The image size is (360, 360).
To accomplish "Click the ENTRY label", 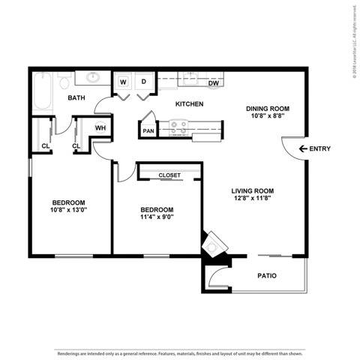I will (320, 149).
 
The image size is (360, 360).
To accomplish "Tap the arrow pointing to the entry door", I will (301, 149).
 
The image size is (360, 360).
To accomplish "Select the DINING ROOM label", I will (268, 109).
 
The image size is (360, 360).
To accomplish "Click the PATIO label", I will (266, 276).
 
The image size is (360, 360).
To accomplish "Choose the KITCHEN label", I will (189, 104).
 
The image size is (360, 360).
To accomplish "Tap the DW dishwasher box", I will (214, 83).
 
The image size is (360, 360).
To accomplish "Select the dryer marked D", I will (143, 82).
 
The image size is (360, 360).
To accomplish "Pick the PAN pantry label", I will (148, 131).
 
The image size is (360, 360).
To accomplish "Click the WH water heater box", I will (100, 128).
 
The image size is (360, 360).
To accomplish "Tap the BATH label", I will (76, 98).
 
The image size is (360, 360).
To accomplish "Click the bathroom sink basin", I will (93, 77).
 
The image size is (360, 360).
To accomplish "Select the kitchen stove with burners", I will (180, 129).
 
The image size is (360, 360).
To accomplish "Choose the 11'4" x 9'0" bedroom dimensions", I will (157, 219).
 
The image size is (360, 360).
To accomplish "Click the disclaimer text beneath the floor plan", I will (179, 352).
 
